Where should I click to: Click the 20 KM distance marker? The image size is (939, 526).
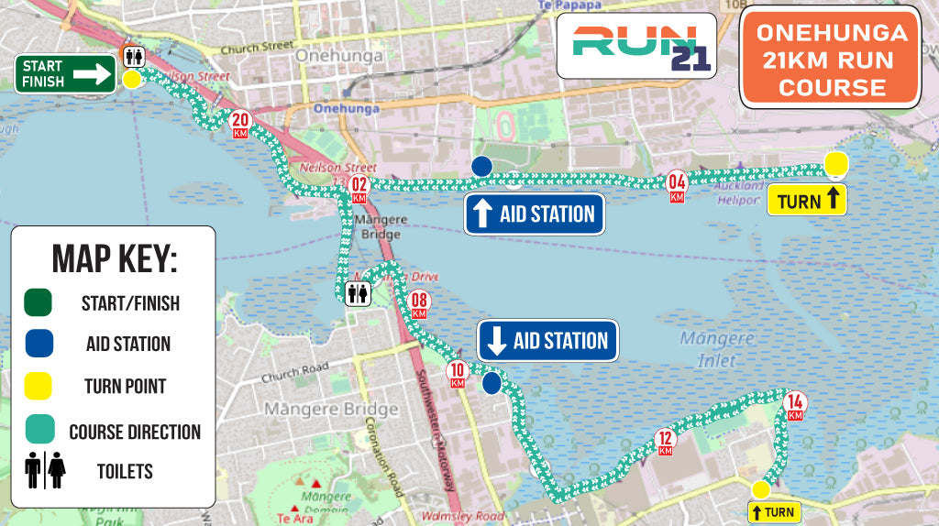click(240, 123)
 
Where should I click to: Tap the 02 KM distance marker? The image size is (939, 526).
click(359, 189)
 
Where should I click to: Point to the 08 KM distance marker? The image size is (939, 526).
click(420, 303)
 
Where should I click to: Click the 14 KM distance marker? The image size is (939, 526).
click(795, 404)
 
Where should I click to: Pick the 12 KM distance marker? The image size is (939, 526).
click(666, 442)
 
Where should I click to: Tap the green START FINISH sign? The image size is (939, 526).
click(64, 74)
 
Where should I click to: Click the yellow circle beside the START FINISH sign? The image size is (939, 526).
click(132, 80)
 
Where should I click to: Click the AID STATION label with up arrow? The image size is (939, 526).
click(535, 214)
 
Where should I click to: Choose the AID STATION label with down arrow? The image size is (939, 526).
click(547, 341)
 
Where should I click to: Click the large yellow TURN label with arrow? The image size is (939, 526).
click(806, 199)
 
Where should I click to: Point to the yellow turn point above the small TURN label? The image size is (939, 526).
click(760, 489)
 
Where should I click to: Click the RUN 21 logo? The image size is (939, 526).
click(636, 45)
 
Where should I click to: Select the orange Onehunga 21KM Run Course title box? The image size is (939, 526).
click(830, 57)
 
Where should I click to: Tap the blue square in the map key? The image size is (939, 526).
click(39, 344)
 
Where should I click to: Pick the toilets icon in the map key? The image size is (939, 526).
click(45, 471)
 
